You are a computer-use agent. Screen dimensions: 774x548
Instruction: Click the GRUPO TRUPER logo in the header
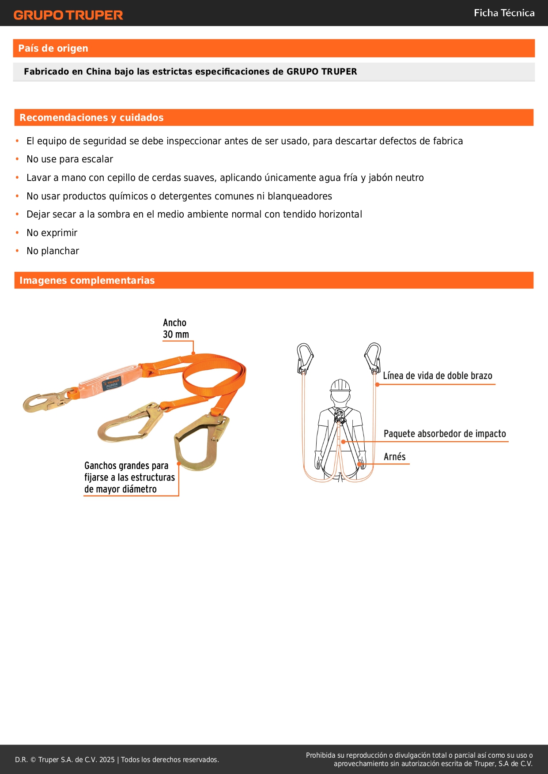click(x=68, y=15)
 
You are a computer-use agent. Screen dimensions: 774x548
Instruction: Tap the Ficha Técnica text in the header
click(x=504, y=13)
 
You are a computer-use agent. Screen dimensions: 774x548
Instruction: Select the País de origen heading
click(x=53, y=49)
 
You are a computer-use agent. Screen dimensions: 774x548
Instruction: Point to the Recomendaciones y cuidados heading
click(x=91, y=118)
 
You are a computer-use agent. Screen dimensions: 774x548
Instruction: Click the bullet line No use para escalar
click(x=70, y=159)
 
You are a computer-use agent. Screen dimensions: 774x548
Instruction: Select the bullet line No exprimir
click(x=52, y=233)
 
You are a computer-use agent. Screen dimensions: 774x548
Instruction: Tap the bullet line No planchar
click(x=53, y=251)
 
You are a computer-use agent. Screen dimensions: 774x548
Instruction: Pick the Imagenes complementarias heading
click(x=87, y=281)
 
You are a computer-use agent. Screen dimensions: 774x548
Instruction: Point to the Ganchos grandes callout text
click(x=129, y=477)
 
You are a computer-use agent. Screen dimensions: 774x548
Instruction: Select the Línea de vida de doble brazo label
click(x=437, y=376)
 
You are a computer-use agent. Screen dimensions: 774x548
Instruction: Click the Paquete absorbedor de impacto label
click(x=445, y=434)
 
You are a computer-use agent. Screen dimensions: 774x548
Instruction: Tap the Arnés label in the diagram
click(x=394, y=457)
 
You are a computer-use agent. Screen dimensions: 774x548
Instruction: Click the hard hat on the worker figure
click(x=340, y=385)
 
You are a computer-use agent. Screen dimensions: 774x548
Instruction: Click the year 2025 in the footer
click(x=107, y=760)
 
